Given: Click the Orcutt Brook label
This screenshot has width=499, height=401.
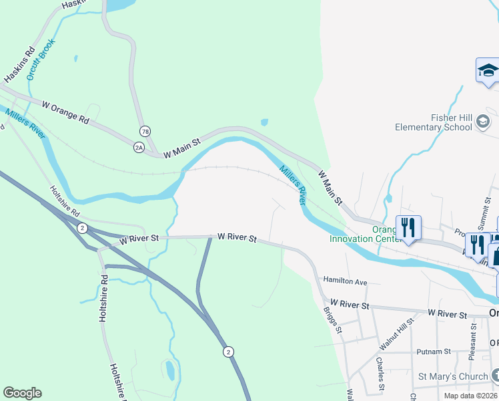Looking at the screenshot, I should pyautogui.click(x=42, y=59).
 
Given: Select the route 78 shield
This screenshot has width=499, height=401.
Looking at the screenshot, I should pyautogui.click(x=145, y=130).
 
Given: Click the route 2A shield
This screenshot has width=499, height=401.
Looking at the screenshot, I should pyautogui.click(x=139, y=147).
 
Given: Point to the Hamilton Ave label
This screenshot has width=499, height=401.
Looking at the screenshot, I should pyautogui.click(x=346, y=282).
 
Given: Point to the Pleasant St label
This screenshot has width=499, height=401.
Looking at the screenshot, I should pyautogui.click(x=472, y=346).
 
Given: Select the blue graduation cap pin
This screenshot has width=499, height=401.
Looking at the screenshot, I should pyautogui.click(x=488, y=70).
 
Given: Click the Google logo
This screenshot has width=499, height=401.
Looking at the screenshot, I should pyautogui.click(x=22, y=393).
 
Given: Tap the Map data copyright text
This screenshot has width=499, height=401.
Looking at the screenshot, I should pyautogui.click(x=470, y=396).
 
